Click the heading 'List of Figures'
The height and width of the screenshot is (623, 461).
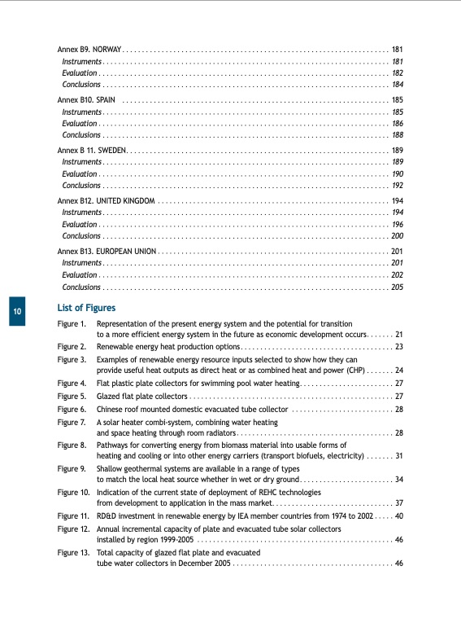pos(86,308)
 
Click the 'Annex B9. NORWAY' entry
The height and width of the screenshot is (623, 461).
pos(89,49)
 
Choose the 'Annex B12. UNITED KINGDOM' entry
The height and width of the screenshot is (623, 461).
pos(106,200)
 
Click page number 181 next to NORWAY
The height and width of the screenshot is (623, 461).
pos(398,49)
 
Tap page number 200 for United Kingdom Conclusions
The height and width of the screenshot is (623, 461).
pos(398,236)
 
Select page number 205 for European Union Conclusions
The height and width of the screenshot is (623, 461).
pos(398,287)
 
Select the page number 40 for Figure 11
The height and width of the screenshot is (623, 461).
pos(399,516)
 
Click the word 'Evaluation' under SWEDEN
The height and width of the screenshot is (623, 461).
pos(79,174)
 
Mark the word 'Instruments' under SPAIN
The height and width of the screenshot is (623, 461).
pos(81,112)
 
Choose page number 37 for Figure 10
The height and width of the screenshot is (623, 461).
pos(399,502)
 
